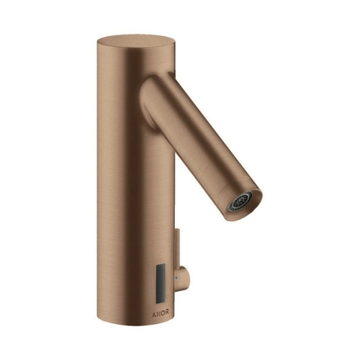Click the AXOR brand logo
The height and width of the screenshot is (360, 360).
[x=161, y=312]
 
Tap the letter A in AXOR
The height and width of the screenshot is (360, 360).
[x=154, y=312]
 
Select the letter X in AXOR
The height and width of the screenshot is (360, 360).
[x=158, y=312]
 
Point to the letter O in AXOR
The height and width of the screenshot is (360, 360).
[x=162, y=312]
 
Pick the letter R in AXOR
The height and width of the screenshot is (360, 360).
[x=167, y=312]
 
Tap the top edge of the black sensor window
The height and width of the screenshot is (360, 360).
[x=161, y=264]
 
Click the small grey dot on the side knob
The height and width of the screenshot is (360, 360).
[x=177, y=277]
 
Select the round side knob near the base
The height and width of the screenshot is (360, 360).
[x=181, y=276]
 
